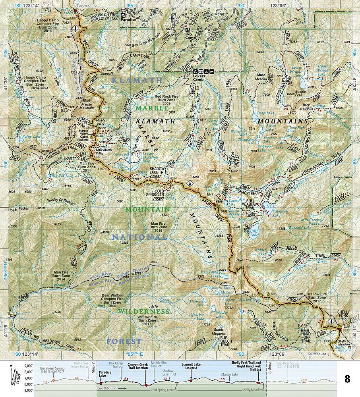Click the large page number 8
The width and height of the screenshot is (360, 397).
point(347,379)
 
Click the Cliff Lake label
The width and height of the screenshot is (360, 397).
point(254,233)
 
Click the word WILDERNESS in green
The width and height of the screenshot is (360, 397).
point(144,312)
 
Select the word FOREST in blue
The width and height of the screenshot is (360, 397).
point(124,341)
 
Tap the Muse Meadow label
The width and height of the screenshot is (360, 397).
point(261,77)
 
